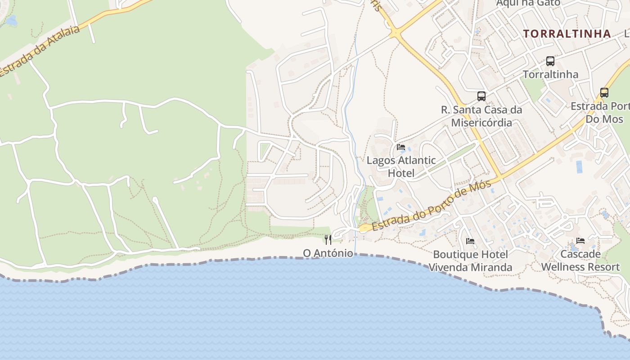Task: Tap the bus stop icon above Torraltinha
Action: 550,61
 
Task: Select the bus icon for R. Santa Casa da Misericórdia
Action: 481,96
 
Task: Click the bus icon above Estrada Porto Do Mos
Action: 604,93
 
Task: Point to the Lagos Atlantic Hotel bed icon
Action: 401,147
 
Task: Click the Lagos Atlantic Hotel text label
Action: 401,166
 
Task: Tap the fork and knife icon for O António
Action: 328,239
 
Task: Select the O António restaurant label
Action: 328,253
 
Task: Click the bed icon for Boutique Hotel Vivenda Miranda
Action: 470,241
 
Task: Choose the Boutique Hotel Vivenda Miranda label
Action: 470,261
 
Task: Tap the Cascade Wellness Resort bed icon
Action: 580,241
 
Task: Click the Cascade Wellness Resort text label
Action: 580,261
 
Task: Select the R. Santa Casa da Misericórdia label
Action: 481,116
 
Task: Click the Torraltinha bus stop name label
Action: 550,74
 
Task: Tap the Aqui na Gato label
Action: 528,3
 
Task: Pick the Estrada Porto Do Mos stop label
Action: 601,113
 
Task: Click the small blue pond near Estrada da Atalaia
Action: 11,21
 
